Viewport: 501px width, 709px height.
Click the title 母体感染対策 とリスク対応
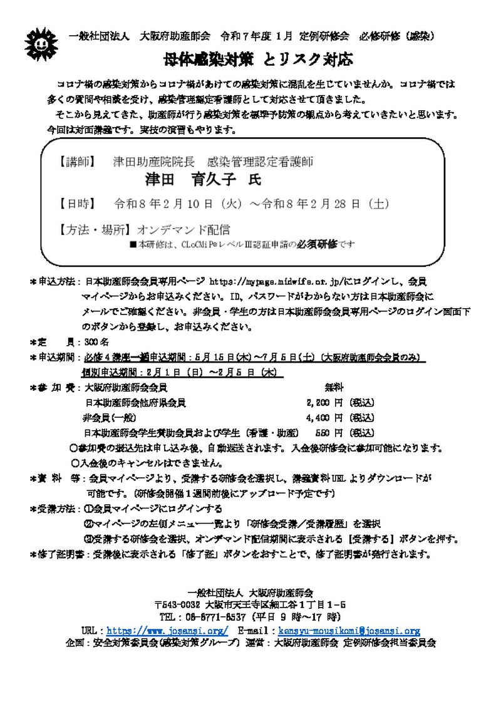256,61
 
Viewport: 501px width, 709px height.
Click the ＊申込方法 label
53,282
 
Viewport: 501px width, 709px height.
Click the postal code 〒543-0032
177,605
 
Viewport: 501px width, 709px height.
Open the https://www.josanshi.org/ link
167,631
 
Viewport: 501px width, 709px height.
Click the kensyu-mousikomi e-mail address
349,631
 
